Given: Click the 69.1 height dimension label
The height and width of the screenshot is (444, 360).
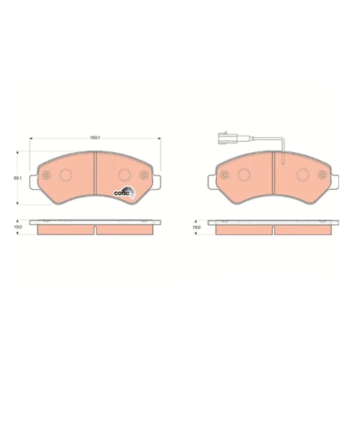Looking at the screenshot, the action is (17, 178).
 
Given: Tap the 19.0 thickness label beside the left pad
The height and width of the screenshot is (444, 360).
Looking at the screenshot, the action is (17, 227).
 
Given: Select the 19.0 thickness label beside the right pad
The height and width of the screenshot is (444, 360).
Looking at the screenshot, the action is (196, 227).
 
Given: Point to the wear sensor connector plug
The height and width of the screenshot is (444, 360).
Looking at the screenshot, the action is (226, 139).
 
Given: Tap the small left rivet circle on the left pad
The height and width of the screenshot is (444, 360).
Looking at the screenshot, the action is (46, 175).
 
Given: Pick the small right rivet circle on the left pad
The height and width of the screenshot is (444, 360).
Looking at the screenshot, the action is (144, 175).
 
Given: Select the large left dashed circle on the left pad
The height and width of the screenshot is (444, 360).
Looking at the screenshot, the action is (66, 175).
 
